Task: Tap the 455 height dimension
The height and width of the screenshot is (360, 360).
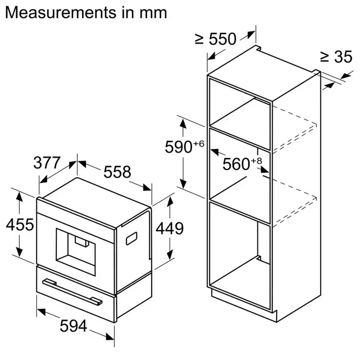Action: (x=20, y=225)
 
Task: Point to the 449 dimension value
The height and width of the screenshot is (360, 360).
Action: (x=170, y=229)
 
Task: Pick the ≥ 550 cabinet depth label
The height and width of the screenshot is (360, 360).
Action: (x=216, y=40)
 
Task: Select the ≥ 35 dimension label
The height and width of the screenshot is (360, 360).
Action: (x=336, y=57)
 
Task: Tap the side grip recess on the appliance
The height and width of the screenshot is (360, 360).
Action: (x=132, y=238)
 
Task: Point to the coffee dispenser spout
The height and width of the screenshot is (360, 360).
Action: (x=81, y=243)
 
